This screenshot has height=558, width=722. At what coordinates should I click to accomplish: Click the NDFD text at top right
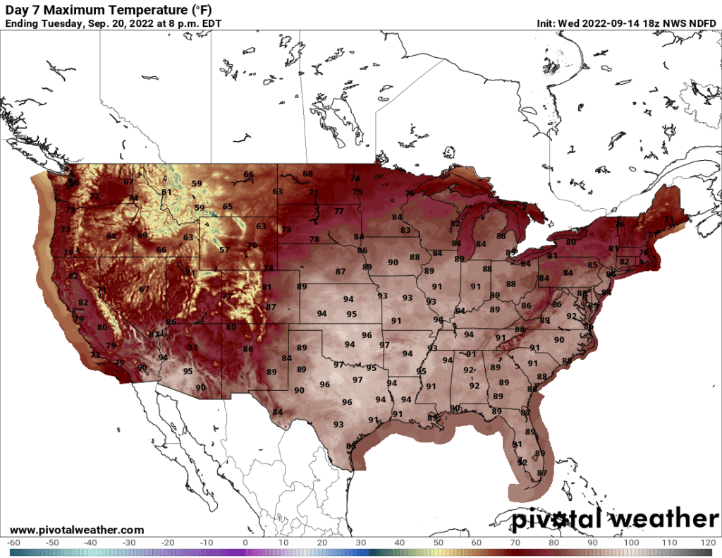pos(702,23)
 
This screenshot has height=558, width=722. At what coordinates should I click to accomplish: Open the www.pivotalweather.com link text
pos(77,530)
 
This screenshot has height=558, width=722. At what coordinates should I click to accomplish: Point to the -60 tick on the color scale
pos(13,542)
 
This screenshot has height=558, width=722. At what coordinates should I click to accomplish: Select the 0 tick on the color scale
pos(245,542)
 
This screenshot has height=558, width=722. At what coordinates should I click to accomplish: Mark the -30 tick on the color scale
pos(129,542)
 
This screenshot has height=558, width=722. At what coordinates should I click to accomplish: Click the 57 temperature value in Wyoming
pos(224,250)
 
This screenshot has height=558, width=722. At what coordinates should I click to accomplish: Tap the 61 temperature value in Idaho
pos(166,192)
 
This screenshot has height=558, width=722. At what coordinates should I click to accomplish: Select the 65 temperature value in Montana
pos(227,206)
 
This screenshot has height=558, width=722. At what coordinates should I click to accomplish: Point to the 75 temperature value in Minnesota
pos(357,192)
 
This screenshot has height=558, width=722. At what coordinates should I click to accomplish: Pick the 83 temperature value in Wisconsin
pos(405,230)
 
